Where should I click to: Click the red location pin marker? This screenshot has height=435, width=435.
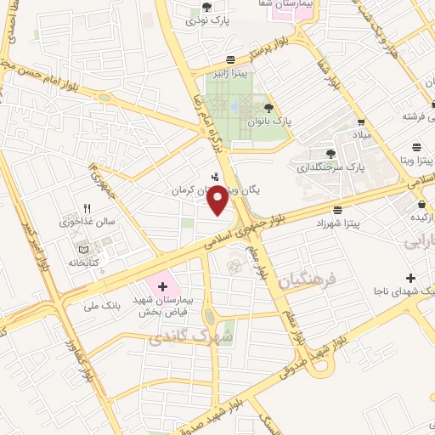(217, 201)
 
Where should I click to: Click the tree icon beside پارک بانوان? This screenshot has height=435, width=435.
(269, 108)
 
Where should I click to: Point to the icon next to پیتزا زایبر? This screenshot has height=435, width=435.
(231, 59)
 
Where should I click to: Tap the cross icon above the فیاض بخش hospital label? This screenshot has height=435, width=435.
(162, 287)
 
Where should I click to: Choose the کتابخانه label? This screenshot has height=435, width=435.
(85, 263)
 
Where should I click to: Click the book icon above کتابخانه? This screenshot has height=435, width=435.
(83, 249)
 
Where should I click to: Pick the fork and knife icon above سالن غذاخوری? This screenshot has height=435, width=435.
(87, 208)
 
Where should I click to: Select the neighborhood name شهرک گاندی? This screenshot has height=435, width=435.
(181, 339)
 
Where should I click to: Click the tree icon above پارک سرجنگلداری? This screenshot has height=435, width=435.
(330, 154)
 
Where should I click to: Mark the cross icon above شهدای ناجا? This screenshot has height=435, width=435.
(411, 278)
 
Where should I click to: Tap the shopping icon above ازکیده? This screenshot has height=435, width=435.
(422, 204)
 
